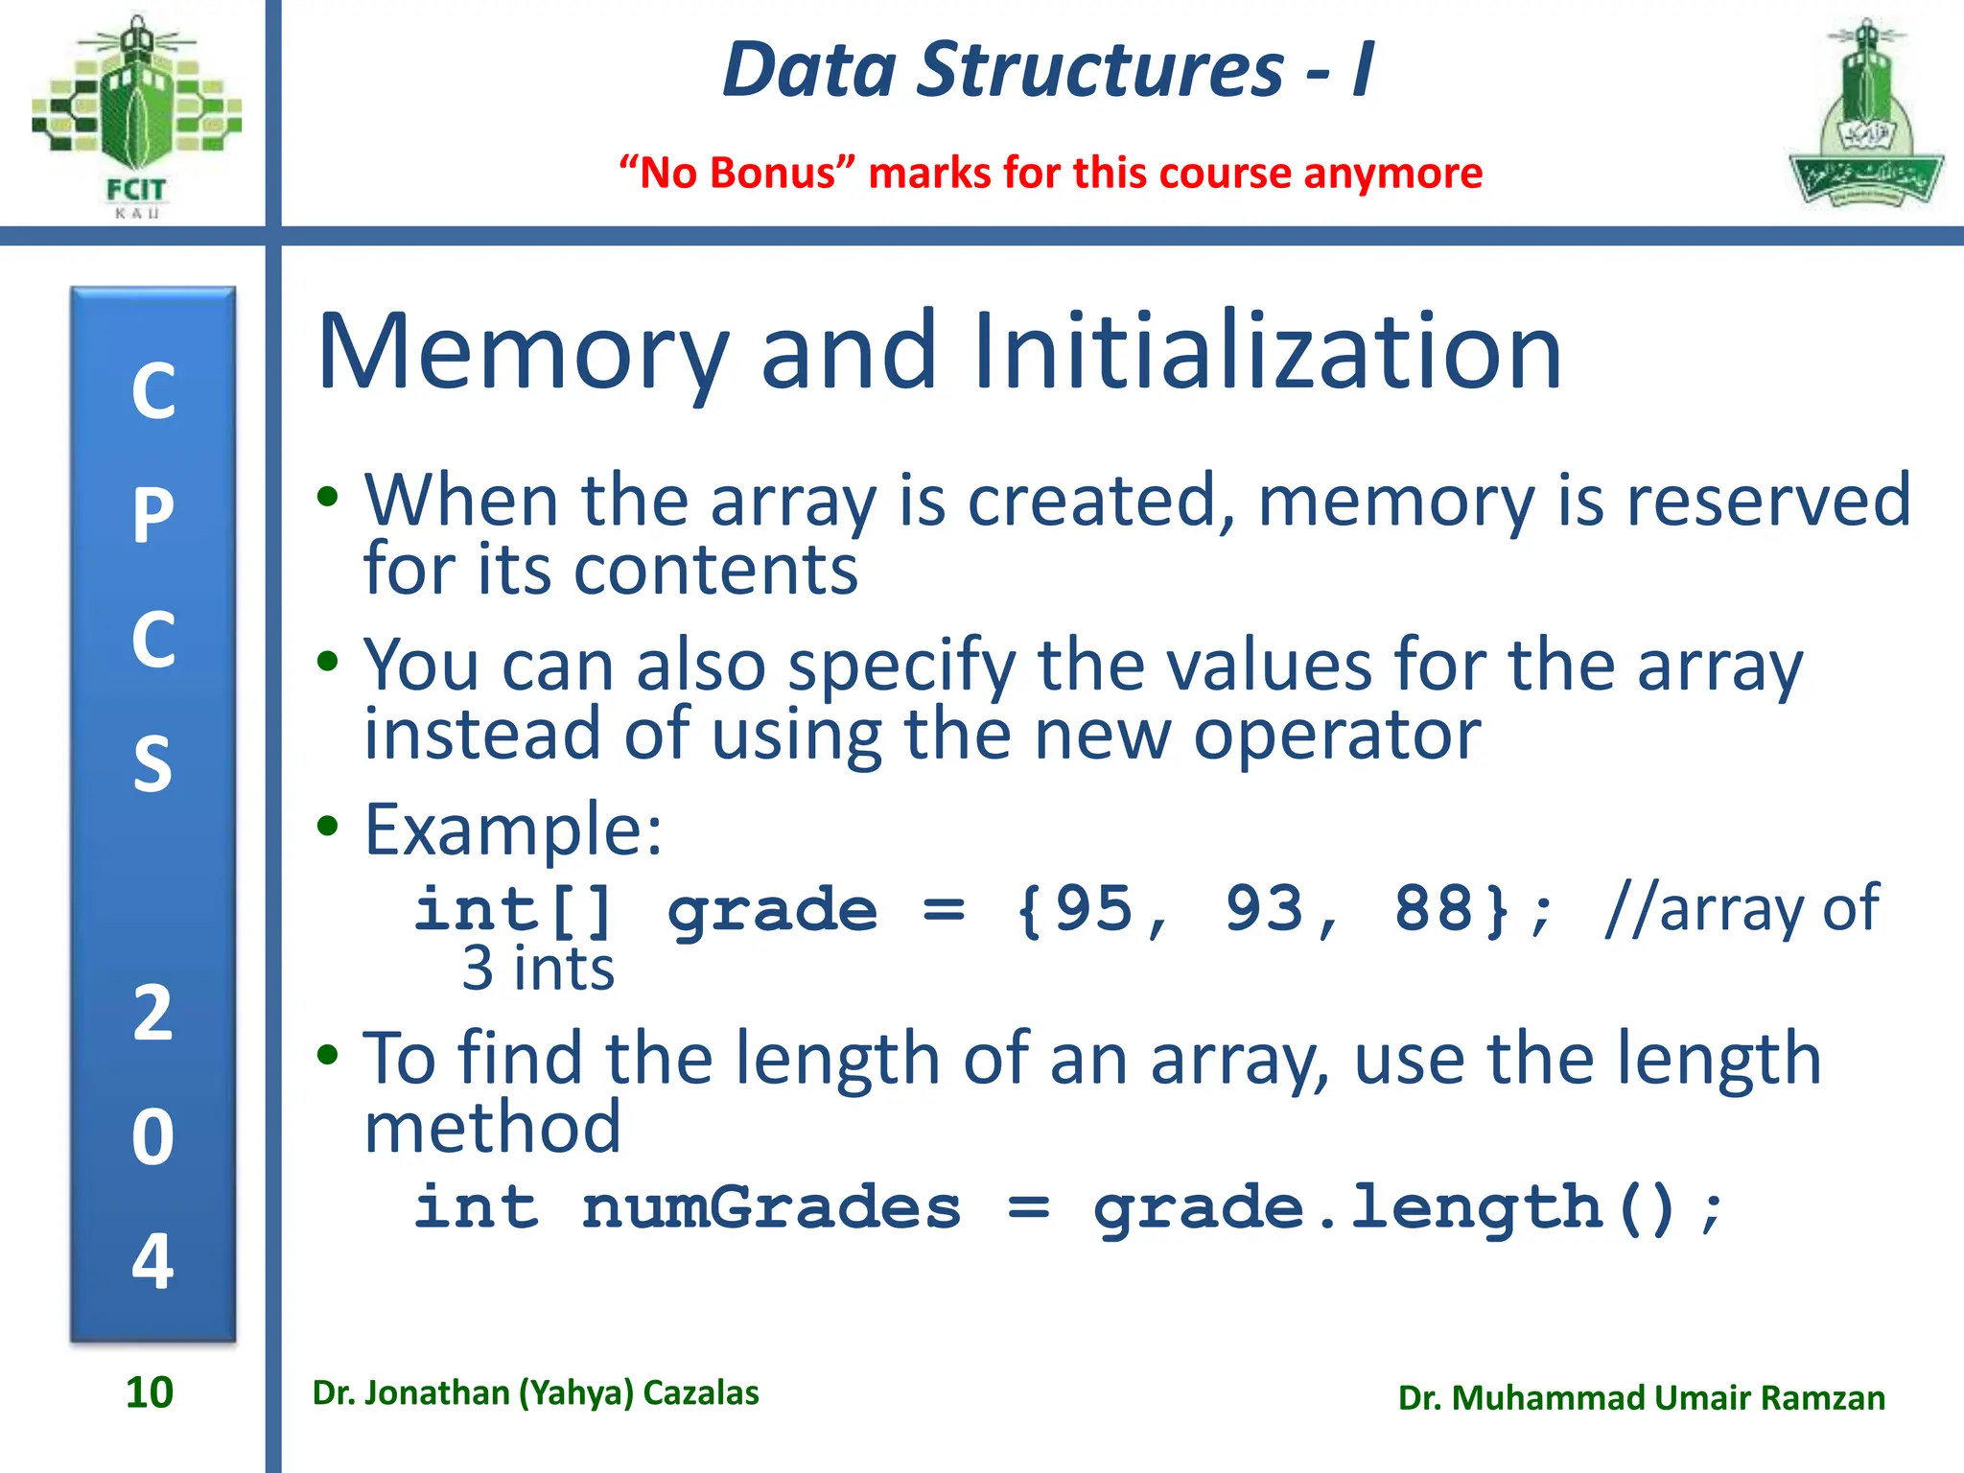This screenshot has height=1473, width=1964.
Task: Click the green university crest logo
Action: point(1865,115)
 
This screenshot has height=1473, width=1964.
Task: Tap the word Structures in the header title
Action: point(1100,70)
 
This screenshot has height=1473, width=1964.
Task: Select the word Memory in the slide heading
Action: point(523,353)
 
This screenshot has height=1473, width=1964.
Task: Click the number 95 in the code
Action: point(1093,908)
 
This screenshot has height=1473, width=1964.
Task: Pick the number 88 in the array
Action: point(1434,908)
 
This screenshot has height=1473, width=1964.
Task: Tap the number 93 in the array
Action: point(1264,908)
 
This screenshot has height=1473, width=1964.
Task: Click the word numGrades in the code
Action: point(771,1207)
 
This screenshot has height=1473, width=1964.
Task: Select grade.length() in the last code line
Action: point(1385,1209)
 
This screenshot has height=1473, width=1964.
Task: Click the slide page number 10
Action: point(150,1392)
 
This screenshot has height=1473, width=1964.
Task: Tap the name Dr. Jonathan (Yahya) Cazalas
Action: point(535,1393)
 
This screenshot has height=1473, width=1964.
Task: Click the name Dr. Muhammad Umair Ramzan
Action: point(1641,1398)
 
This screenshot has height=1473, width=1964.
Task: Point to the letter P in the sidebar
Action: point(153,515)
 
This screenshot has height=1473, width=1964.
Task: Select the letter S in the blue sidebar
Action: point(153,764)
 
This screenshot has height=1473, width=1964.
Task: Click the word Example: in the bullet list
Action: point(513,830)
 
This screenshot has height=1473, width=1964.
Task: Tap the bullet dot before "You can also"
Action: point(328,661)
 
